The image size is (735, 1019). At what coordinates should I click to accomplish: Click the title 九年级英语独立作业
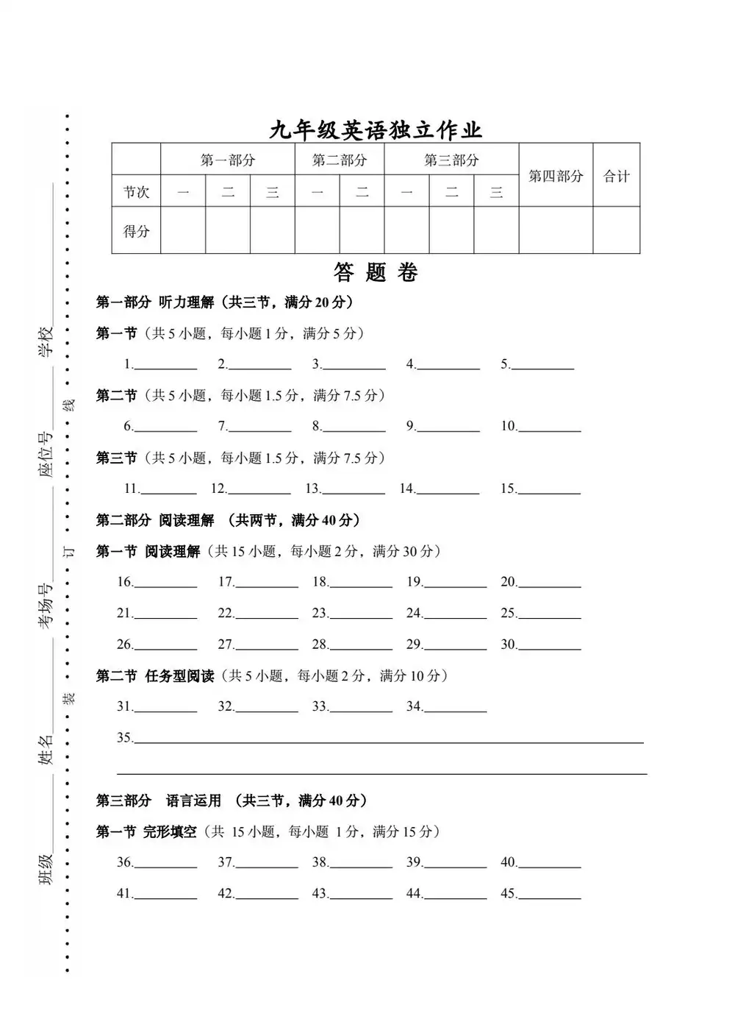(375, 130)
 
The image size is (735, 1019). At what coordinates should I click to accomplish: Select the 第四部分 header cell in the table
(556, 176)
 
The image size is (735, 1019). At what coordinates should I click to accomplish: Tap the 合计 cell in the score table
(617, 176)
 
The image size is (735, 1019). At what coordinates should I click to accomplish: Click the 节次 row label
(136, 192)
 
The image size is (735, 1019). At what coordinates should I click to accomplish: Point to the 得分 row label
(136, 231)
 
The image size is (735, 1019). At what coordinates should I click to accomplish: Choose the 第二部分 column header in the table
(339, 160)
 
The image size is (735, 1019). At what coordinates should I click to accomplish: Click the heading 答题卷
(376, 273)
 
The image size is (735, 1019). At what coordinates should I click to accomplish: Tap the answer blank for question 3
(354, 366)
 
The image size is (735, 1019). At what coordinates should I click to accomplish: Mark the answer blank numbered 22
(267, 614)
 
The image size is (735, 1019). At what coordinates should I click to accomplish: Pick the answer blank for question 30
(550, 646)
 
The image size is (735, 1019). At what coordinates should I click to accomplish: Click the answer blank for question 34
(456, 708)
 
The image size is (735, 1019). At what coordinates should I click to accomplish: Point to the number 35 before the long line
(124, 737)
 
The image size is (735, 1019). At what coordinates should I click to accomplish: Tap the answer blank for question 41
(165, 895)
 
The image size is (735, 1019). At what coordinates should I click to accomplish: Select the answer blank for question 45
(550, 895)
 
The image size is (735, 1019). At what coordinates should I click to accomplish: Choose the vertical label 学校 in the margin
(46, 341)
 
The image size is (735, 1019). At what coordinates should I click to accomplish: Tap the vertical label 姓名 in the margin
(46, 748)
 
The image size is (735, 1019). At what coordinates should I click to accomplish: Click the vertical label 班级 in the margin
(46, 869)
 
